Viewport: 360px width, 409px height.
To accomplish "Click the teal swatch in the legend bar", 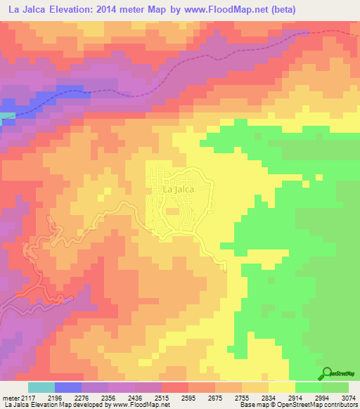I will (41, 387).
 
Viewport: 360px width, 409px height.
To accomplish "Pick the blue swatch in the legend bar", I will (68, 387).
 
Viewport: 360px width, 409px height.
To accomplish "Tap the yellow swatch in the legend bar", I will (281, 387).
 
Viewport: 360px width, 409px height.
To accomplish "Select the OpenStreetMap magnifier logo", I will (328, 373).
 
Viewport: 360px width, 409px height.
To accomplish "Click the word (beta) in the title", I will (279, 10).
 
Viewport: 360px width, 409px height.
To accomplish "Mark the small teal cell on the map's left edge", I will (7, 116).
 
